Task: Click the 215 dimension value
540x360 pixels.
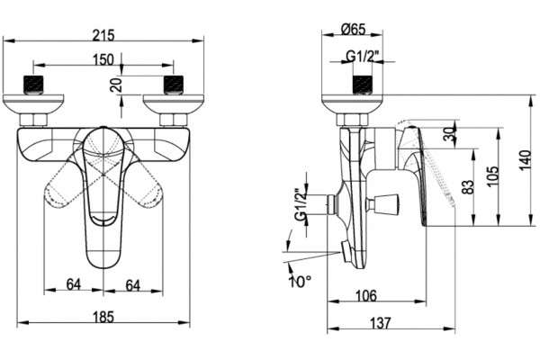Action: coord(103,35)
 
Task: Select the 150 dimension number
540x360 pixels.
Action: coord(103,59)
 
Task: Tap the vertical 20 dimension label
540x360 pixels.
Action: coord(117,85)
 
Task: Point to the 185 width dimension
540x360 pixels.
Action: coord(103,317)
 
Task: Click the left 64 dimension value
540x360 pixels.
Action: coord(74,284)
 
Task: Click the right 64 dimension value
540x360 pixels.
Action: coord(133,285)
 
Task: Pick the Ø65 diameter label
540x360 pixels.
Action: coord(354,29)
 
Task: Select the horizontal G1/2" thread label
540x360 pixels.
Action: coord(363,56)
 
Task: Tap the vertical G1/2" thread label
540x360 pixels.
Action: coord(301,204)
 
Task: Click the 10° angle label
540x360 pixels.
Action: coord(301,282)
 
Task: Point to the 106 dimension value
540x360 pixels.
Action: coord(366,295)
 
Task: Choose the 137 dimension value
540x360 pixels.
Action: coord(382,323)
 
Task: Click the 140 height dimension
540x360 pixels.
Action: coord(526,160)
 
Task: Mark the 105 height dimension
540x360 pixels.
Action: coord(493,175)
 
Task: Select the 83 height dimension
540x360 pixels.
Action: coord(469,187)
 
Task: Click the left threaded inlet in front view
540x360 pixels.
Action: coord(33,85)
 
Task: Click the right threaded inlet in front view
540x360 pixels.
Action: coord(175,85)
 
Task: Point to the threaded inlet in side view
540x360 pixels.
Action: coord(363,84)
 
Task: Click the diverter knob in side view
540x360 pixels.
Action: coord(386,202)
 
